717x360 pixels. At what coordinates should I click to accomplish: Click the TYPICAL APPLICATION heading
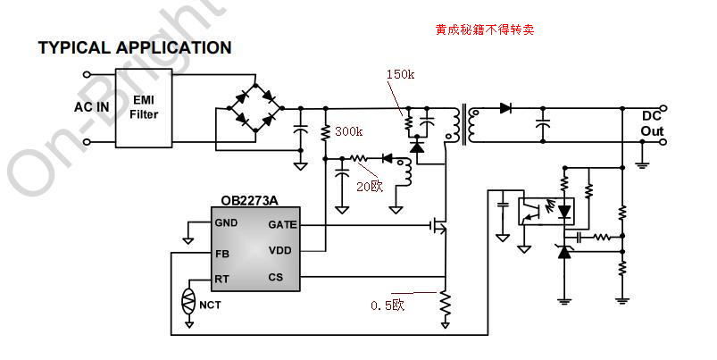[x=135, y=48]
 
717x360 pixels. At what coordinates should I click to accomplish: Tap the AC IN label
[x=92, y=107]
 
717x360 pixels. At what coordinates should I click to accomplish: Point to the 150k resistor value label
[x=400, y=74]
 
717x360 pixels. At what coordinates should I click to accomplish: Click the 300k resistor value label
[x=348, y=132]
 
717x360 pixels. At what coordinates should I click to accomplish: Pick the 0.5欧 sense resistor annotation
[x=388, y=305]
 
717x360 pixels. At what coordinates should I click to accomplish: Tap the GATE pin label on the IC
[x=282, y=224]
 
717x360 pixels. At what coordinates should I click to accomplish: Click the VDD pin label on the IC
[x=279, y=250]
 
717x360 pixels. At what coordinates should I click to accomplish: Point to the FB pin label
[x=221, y=253]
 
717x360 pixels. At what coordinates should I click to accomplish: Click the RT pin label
[x=221, y=279]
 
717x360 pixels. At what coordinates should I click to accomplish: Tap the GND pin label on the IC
[x=226, y=222]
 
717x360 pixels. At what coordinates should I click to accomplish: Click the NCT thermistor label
[x=210, y=306]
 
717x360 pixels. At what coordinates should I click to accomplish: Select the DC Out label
[x=653, y=124]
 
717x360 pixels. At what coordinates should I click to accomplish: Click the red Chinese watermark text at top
[x=484, y=29]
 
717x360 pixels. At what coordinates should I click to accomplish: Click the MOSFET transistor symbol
[x=439, y=227]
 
